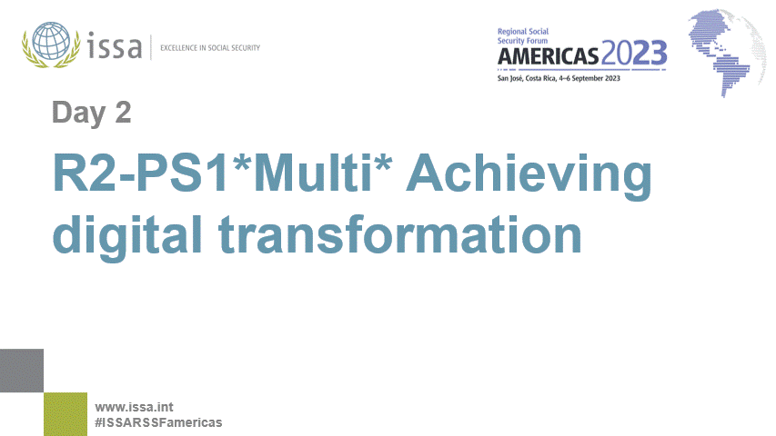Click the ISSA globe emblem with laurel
pyautogui.click(x=51, y=45)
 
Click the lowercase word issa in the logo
pyautogui.click(x=115, y=46)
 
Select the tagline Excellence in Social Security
pyautogui.click(x=210, y=48)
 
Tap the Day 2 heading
pyautogui.click(x=92, y=113)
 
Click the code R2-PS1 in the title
pyautogui.click(x=142, y=173)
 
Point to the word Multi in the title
pyautogui.click(x=312, y=172)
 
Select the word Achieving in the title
pyautogui.click(x=529, y=176)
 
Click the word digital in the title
pyautogui.click(x=127, y=236)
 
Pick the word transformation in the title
pyautogui.click(x=400, y=234)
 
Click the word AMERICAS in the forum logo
pyautogui.click(x=548, y=55)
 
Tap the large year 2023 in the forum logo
pyautogui.click(x=634, y=54)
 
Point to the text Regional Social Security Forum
pyautogui.click(x=523, y=36)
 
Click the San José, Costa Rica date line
pyautogui.click(x=559, y=78)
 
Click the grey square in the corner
pyautogui.click(x=22, y=371)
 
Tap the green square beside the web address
pyautogui.click(x=66, y=414)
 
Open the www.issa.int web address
pyautogui.click(x=134, y=407)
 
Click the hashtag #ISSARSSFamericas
pyautogui.click(x=158, y=422)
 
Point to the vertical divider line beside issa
pyautogui.click(x=151, y=47)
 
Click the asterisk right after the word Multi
pyautogui.click(x=383, y=163)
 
